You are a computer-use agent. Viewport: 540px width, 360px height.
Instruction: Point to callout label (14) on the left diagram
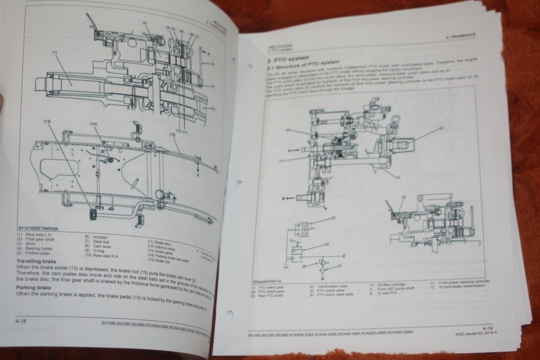tap(93, 125)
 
